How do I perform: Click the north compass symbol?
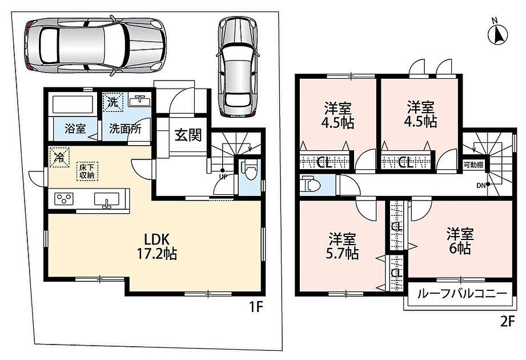click(497, 33)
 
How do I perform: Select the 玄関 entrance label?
click(188, 135)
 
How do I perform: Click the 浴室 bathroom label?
click(75, 129)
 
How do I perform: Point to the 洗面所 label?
click(125, 129)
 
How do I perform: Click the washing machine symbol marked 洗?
click(113, 102)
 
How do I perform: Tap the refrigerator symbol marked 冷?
click(59, 157)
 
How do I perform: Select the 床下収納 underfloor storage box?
click(87, 171)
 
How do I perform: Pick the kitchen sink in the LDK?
click(106, 200)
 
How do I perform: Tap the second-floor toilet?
click(311, 184)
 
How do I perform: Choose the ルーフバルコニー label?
click(462, 294)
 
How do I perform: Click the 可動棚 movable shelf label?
click(473, 165)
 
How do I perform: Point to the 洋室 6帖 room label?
click(460, 241)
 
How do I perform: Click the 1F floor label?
click(255, 307)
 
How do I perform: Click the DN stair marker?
click(480, 185)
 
